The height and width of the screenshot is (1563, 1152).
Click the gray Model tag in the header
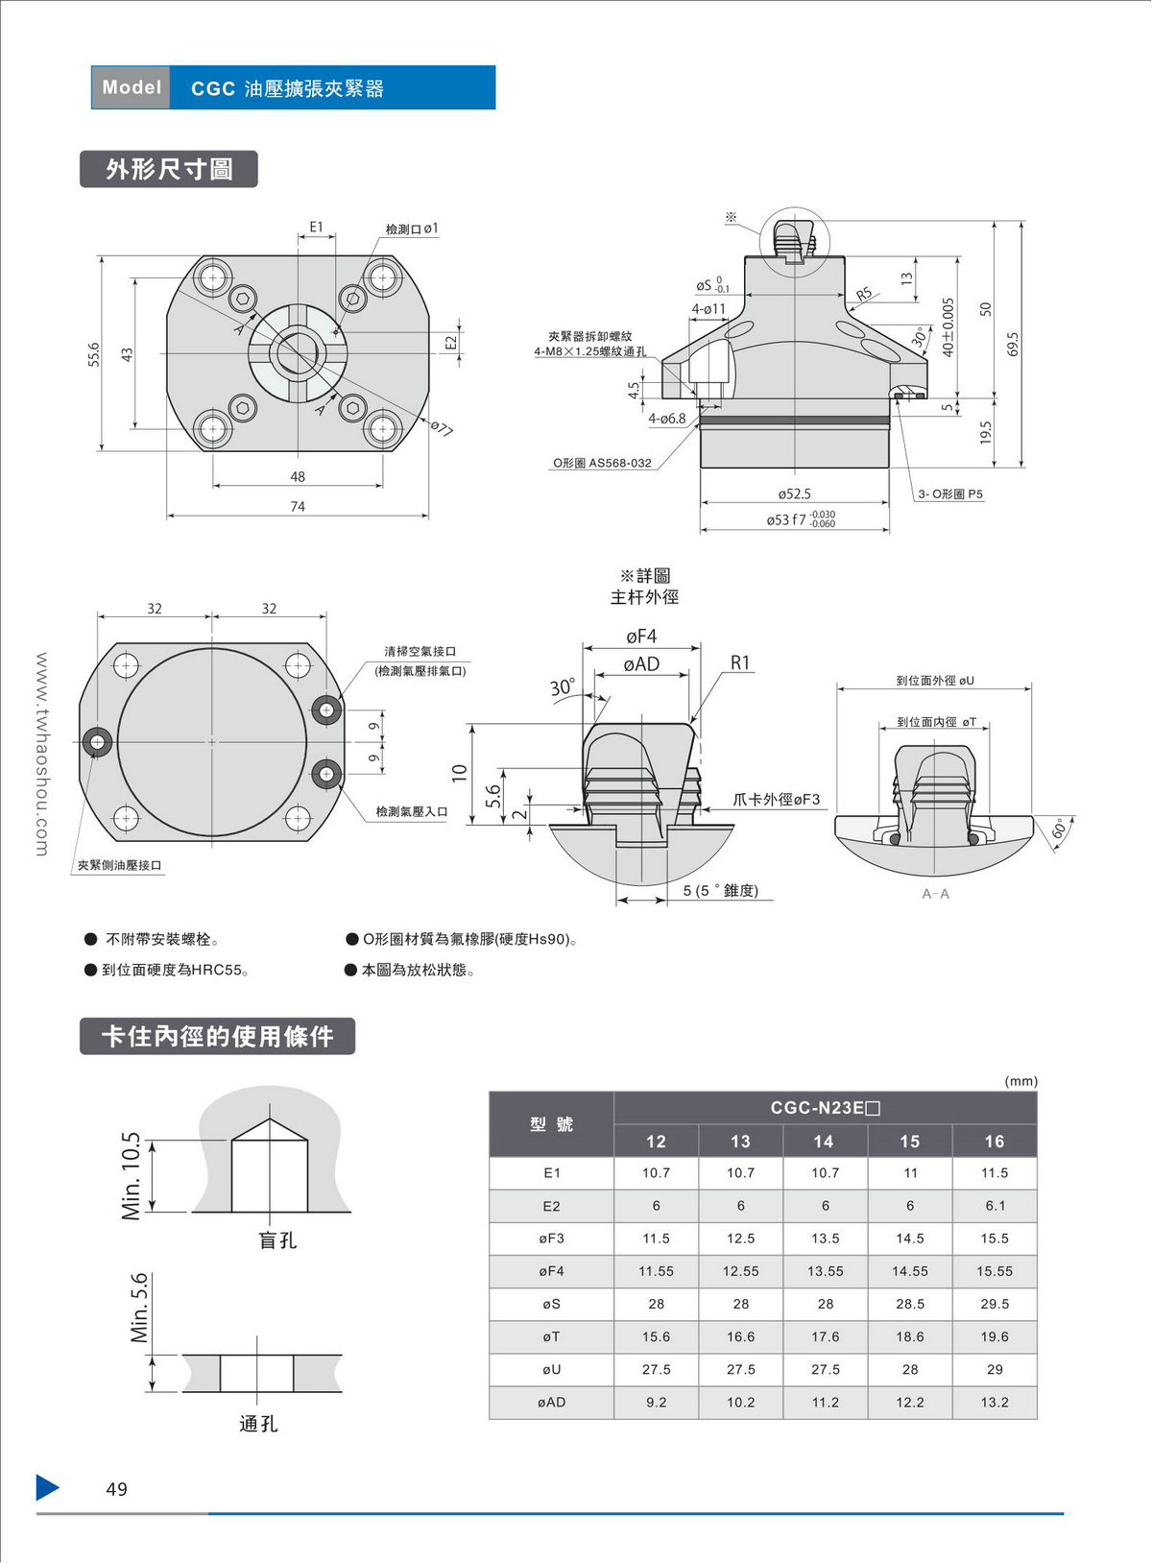(x=131, y=88)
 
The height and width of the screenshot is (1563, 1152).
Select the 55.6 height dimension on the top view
(x=94, y=353)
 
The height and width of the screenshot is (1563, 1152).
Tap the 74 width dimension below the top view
(x=298, y=507)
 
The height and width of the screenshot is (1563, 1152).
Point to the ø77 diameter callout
(x=441, y=428)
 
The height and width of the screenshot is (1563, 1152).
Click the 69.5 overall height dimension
(x=1013, y=344)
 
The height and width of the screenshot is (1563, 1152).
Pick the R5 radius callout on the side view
(x=864, y=294)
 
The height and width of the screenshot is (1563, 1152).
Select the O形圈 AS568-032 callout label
(x=602, y=463)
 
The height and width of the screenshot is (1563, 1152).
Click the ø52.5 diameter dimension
(x=795, y=494)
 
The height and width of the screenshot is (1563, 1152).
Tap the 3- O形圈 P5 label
(x=950, y=494)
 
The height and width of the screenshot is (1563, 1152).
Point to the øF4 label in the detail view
(x=641, y=637)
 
